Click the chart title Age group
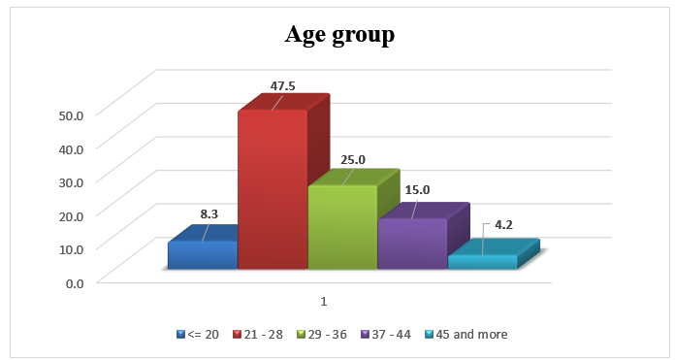[338, 36]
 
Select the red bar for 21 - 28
[273, 189]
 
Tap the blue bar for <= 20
[202, 254]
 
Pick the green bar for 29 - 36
[341, 227]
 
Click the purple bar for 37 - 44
[411, 243]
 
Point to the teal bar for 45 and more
[481, 261]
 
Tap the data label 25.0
[350, 159]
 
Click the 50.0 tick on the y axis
[72, 115]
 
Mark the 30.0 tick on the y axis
[72, 181]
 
